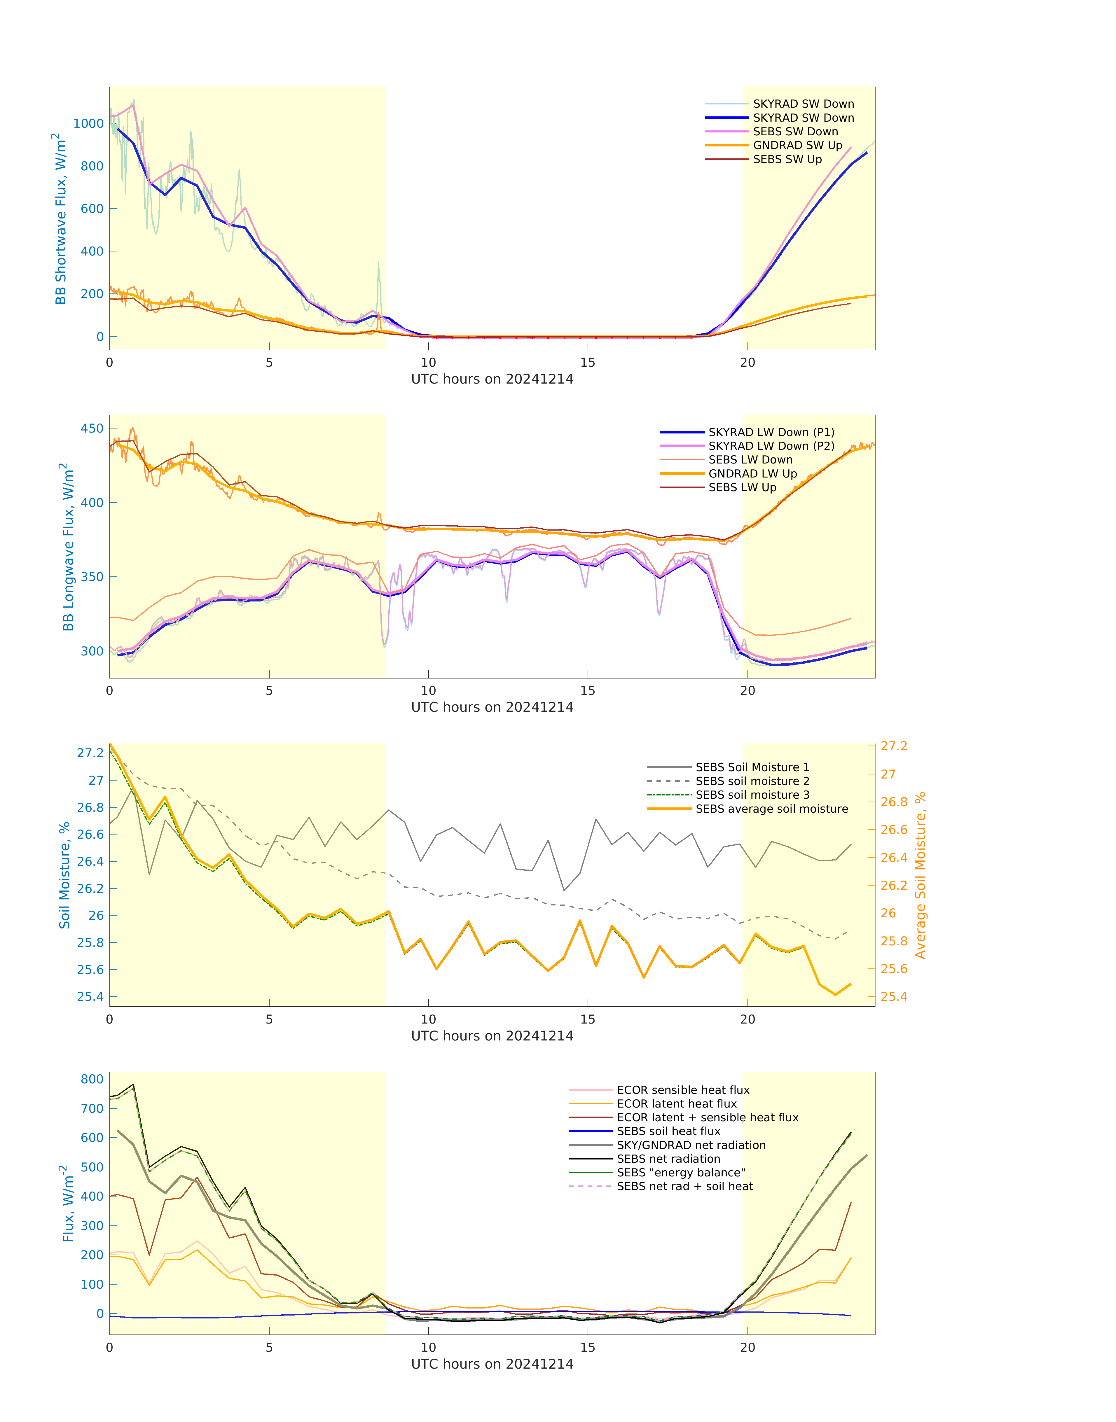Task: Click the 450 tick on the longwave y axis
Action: pos(92,428)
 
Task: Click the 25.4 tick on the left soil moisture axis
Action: pos(90,997)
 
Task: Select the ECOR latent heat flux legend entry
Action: pos(676,1104)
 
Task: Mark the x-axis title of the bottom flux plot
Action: pos(492,1364)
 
